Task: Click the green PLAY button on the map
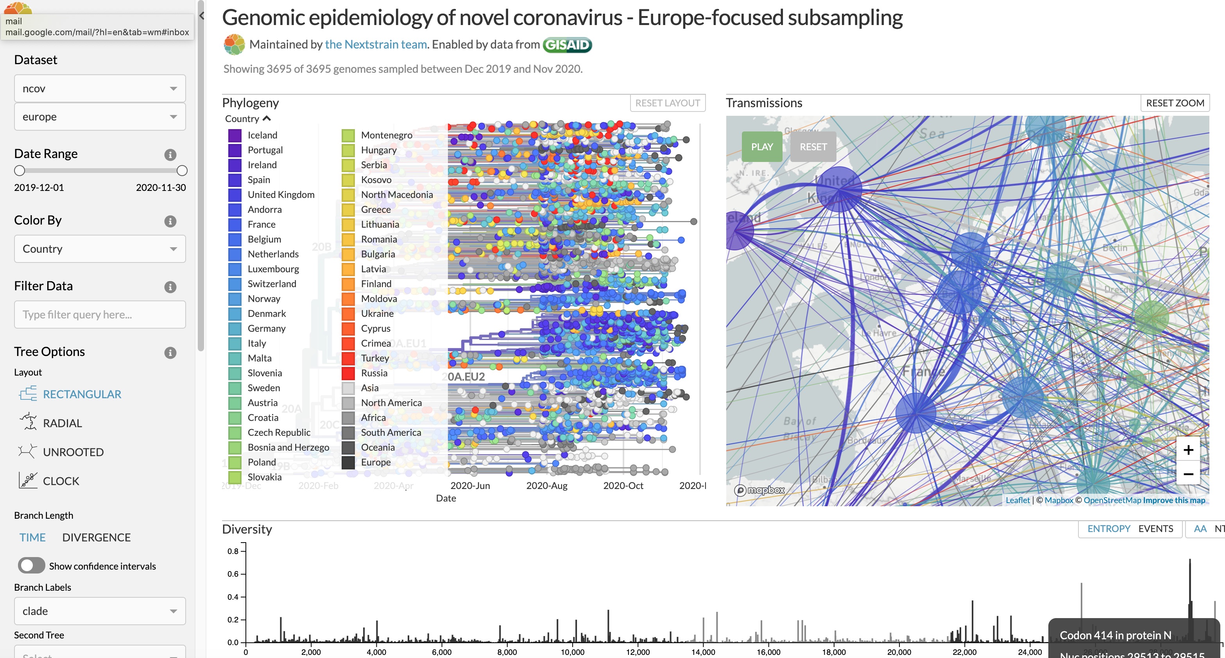pyautogui.click(x=762, y=147)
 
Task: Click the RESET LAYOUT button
pyautogui.click(x=667, y=103)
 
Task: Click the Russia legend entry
pyautogui.click(x=374, y=373)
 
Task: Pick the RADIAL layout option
pyautogui.click(x=62, y=423)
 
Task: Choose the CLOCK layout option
pyautogui.click(x=61, y=481)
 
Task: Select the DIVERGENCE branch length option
pyautogui.click(x=96, y=537)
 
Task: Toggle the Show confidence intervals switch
pyautogui.click(x=31, y=566)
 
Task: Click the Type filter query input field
pyautogui.click(x=100, y=315)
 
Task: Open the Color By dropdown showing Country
pyautogui.click(x=100, y=249)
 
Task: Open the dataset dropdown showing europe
pyautogui.click(x=100, y=117)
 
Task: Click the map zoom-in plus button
pyautogui.click(x=1188, y=450)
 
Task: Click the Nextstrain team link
pyautogui.click(x=376, y=44)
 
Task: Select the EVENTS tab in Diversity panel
pyautogui.click(x=1155, y=529)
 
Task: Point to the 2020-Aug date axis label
pyautogui.click(x=546, y=486)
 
